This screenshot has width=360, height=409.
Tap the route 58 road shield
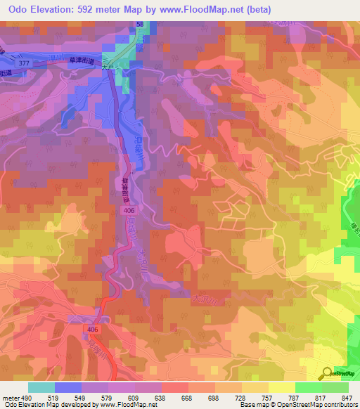coord(140,25)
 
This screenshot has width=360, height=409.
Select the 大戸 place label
coord(107,68)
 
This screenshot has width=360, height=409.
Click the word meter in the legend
coord(9,398)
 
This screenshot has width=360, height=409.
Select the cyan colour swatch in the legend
coord(41,387)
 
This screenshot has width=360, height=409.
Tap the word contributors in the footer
coord(342,405)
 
